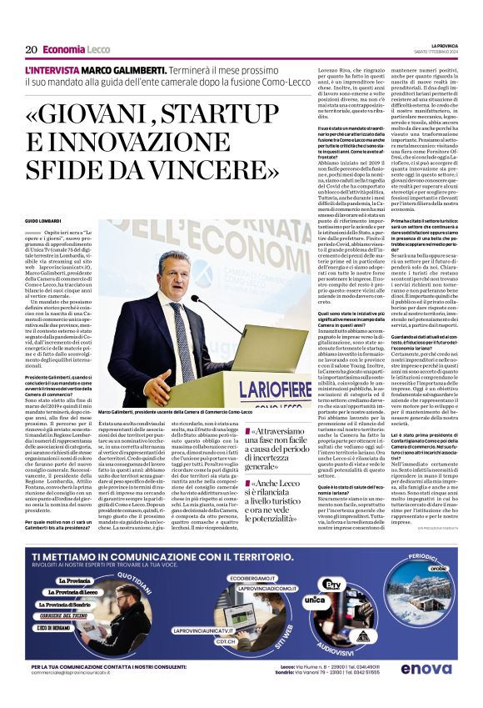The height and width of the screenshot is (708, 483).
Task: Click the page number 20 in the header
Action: click(x=31, y=49)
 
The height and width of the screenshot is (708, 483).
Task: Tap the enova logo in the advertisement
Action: click(x=426, y=668)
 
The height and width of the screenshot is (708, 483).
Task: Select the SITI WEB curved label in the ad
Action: click(x=276, y=634)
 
